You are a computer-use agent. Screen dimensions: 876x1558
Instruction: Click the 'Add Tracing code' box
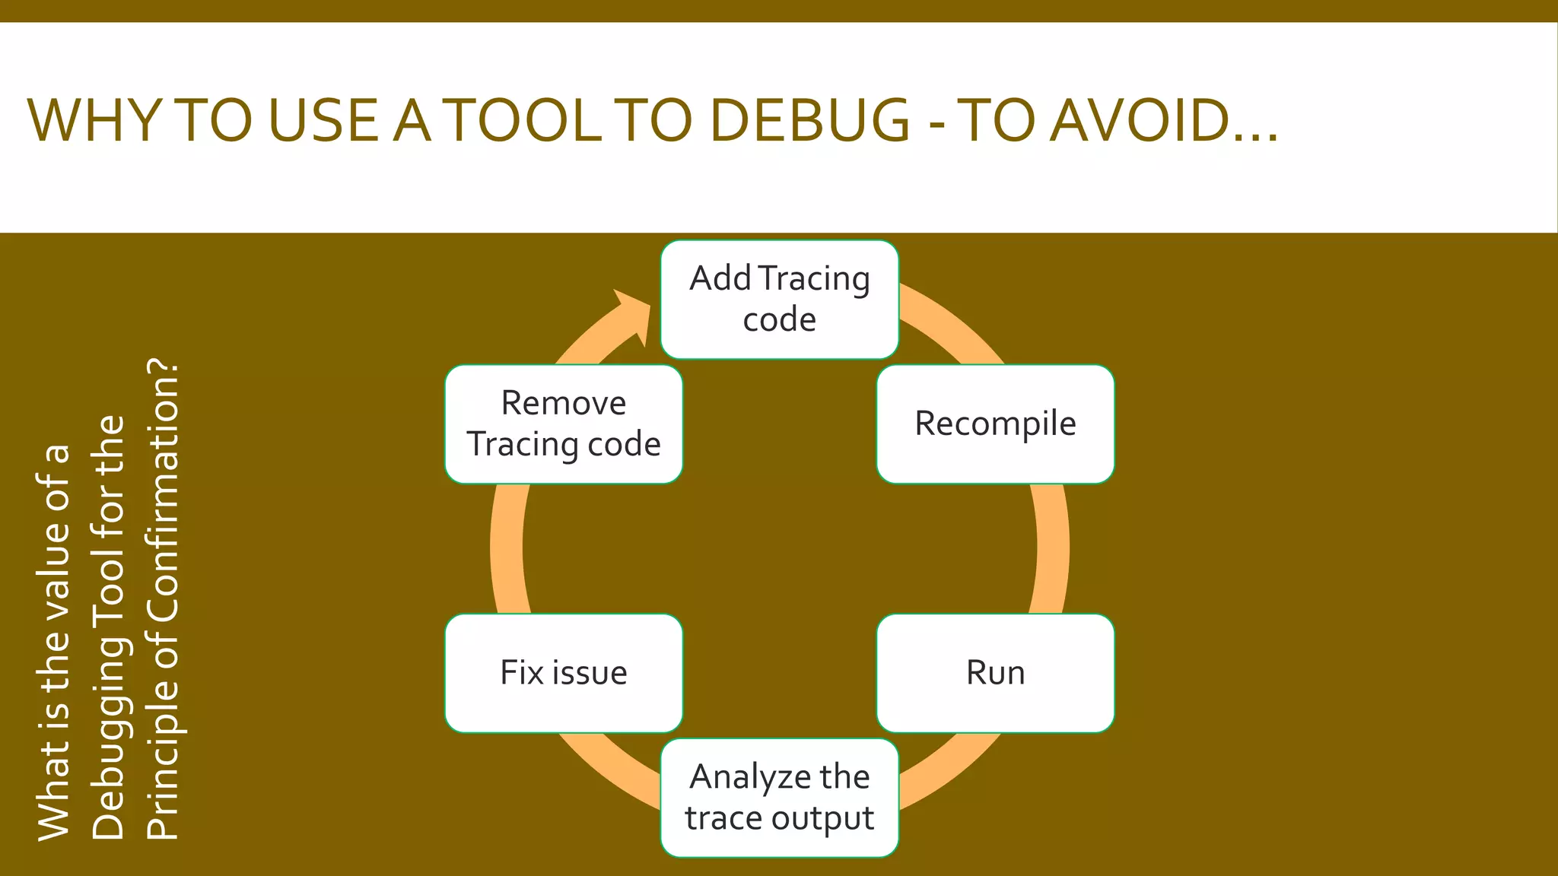tap(779, 299)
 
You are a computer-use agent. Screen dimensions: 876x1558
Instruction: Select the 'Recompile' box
tap(995, 424)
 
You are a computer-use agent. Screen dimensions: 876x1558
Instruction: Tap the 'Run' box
tap(995, 673)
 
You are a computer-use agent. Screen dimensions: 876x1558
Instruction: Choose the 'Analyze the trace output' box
tap(779, 798)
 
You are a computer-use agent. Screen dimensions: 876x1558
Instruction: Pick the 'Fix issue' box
tap(564, 673)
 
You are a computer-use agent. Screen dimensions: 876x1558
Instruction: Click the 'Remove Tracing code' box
tap(564, 424)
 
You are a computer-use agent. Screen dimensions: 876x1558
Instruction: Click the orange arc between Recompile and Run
tap(1051, 548)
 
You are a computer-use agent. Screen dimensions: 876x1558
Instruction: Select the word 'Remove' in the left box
tap(564, 403)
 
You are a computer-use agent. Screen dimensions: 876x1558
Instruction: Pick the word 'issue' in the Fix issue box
tap(590, 673)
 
